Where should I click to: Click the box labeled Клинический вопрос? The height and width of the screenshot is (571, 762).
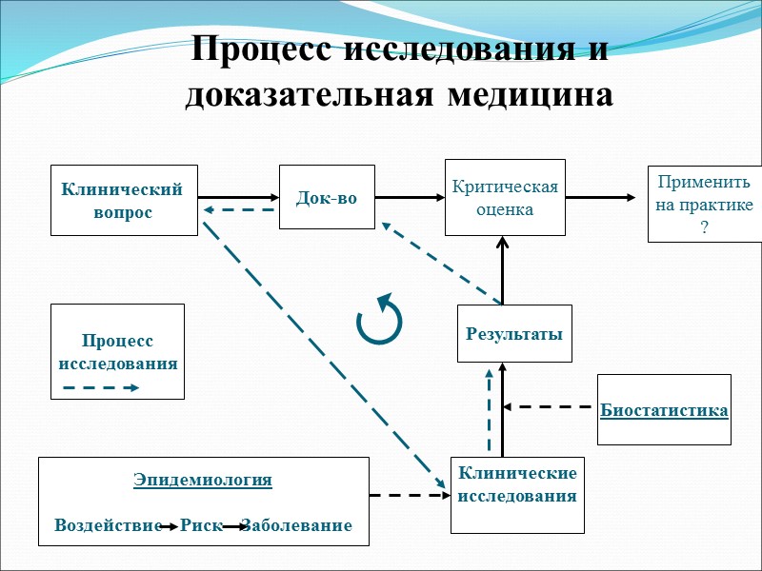coord(124,200)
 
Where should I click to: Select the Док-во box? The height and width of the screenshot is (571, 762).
coord(327,198)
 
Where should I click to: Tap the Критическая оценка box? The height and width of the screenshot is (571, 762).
coord(505,197)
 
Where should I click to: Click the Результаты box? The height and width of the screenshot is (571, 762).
coord(514,333)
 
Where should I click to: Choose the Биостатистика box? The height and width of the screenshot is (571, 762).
coord(664,410)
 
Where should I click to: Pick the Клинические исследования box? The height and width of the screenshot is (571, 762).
coord(517,484)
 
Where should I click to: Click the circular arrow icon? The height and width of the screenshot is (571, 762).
coord(379,318)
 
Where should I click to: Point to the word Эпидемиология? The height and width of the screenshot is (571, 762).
coord(203,480)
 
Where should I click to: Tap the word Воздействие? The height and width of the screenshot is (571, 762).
coord(109,525)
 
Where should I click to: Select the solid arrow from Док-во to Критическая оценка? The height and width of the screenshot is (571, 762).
coord(411,198)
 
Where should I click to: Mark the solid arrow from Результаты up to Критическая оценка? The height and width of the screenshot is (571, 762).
coord(504,271)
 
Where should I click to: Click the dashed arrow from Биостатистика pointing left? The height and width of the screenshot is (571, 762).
coord(549,407)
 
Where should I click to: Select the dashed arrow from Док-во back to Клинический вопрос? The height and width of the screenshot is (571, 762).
coord(238,210)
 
